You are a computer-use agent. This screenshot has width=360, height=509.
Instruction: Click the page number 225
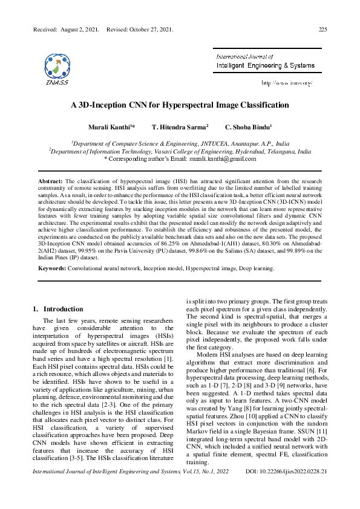pos(322,28)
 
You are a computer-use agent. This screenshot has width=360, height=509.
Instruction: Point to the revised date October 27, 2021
pos(151,28)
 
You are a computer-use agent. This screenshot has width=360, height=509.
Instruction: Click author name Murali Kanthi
pos(111,128)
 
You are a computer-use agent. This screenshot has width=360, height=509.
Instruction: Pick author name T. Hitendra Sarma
pos(179,128)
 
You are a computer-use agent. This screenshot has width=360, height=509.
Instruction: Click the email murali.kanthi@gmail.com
pos(223,159)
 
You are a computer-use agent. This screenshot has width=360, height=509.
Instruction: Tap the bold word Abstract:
pos(50,181)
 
